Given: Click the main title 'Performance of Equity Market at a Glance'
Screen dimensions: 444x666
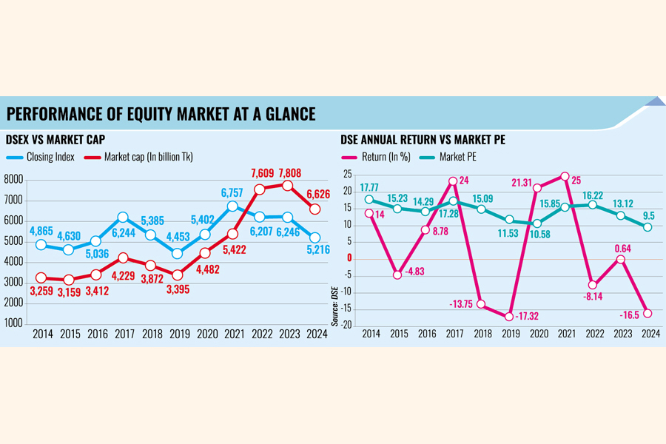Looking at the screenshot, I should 161,114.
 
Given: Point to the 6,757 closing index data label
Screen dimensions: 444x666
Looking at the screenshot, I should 233,192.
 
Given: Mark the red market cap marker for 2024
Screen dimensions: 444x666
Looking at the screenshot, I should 314,209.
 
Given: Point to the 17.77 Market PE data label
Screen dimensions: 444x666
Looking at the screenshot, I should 371,187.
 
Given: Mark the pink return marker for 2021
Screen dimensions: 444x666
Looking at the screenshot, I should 565,176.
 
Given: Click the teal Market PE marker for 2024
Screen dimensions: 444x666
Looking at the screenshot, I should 649,227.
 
